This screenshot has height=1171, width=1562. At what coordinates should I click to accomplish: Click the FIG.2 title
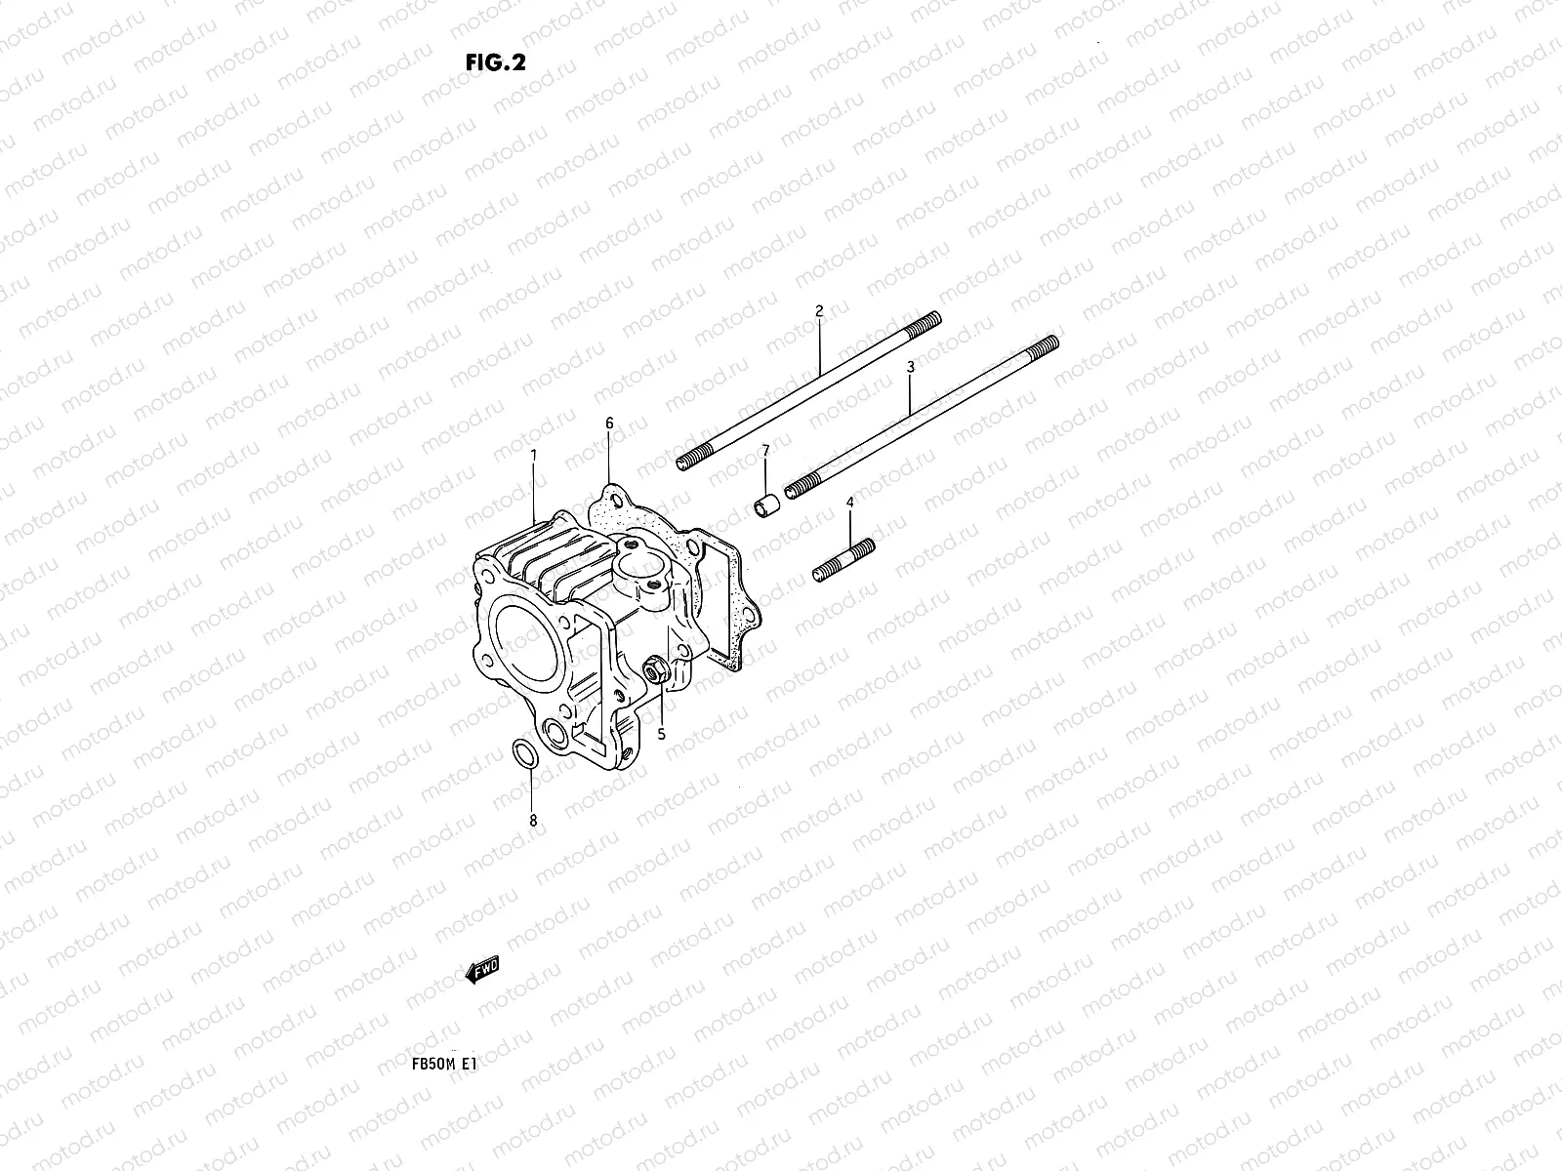496,62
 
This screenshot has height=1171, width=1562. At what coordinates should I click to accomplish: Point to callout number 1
534,455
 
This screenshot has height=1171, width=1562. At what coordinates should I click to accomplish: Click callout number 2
819,311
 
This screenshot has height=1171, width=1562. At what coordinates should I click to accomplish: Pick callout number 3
910,367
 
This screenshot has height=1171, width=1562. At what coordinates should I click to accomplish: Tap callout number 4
849,502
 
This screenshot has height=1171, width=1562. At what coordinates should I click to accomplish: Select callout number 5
661,734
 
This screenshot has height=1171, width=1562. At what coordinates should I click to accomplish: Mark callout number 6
609,424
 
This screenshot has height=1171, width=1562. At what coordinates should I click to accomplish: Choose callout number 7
765,450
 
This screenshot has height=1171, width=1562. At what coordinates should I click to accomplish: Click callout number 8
533,822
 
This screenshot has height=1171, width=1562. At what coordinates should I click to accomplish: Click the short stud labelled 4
843,562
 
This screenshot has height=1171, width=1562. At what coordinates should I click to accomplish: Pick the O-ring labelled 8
523,753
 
